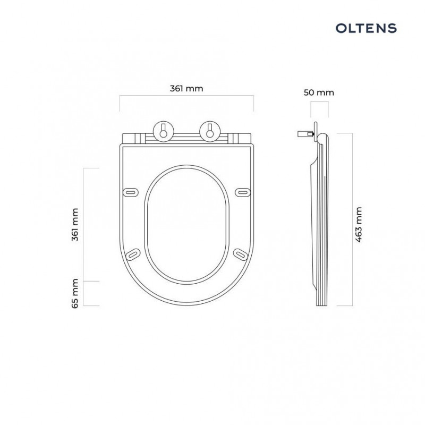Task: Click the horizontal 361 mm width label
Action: point(186,89)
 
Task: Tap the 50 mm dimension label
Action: point(319,92)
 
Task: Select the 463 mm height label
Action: point(359,225)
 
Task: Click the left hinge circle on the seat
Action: point(163,130)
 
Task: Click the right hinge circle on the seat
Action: point(209,130)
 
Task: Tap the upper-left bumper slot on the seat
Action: point(131,191)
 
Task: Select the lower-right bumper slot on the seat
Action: point(240,254)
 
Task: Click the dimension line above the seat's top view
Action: point(186,96)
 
